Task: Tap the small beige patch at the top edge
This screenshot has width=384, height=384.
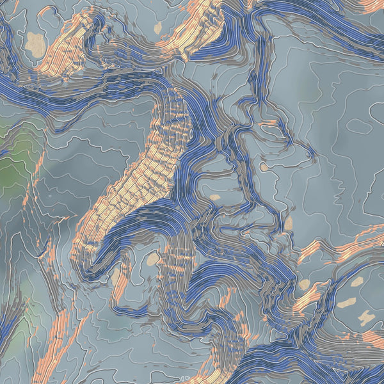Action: pyautogui.click(x=158, y=28)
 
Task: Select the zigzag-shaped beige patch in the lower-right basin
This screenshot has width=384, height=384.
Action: pyautogui.click(x=367, y=317)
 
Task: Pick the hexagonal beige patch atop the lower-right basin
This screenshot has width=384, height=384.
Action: pyautogui.click(x=356, y=280)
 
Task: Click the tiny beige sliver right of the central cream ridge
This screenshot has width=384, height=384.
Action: pyautogui.click(x=215, y=197)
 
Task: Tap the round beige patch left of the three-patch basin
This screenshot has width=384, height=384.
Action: pyautogui.click(x=305, y=284)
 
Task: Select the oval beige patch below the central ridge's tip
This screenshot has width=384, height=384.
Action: pyautogui.click(x=152, y=259)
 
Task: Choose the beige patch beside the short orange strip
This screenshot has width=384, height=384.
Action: pyautogui.click(x=116, y=278)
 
